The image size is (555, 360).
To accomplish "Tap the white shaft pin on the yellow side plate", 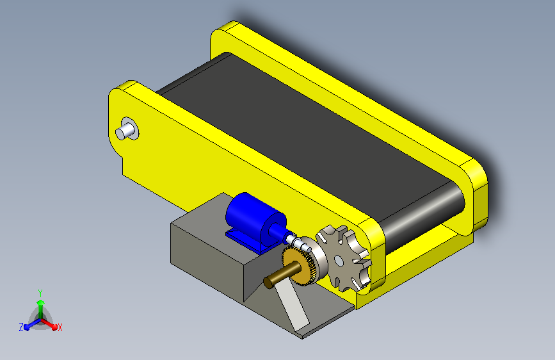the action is pos(125,130).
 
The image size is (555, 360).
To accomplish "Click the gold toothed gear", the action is pos(299,264).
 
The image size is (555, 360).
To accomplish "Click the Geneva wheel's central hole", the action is pos(339,261).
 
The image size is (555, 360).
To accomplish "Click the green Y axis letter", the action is pos(40,293).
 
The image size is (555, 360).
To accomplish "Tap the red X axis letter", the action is pos(60,327).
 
